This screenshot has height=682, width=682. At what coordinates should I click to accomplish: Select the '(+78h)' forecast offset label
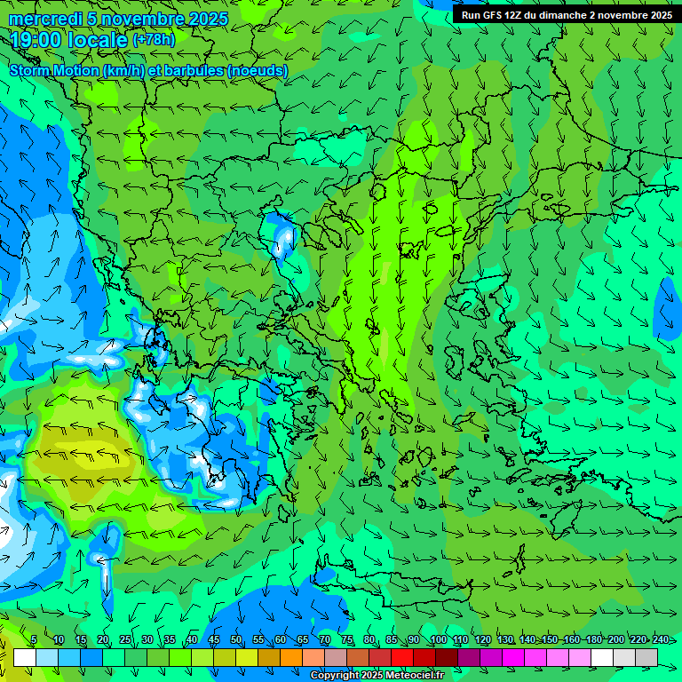coord(154,39)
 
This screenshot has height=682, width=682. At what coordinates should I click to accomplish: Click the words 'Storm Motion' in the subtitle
coord(54,70)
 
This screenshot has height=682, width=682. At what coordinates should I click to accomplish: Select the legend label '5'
coord(34,640)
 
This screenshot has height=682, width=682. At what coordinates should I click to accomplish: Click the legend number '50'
coord(235,640)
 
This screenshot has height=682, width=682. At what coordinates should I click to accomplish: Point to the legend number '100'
coord(438,640)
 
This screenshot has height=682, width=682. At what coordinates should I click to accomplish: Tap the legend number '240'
coord(661,640)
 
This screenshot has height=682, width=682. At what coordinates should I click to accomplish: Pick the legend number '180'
coord(593,640)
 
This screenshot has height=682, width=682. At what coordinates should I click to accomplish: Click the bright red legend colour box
coord(402,657)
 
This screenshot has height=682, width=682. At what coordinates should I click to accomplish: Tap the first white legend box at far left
coord(25,657)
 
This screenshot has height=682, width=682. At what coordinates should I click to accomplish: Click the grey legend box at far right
coord(646,657)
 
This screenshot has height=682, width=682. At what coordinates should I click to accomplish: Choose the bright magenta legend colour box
coord(513,657)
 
